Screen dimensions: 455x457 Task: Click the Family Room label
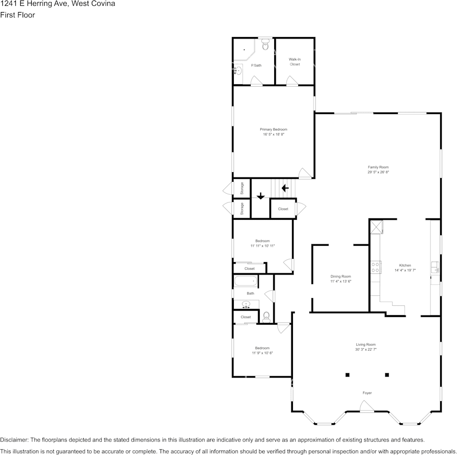click(x=378, y=167)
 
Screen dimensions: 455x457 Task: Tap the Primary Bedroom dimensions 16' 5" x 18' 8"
click(x=273, y=135)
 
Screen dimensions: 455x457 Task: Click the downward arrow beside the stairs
click(x=260, y=196)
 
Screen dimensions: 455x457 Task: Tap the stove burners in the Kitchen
click(x=376, y=267)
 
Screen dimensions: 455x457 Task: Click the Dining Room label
click(x=341, y=277)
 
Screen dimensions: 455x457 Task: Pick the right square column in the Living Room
click(x=387, y=374)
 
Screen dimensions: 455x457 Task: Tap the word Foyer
click(x=367, y=393)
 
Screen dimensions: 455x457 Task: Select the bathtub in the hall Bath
click(x=246, y=281)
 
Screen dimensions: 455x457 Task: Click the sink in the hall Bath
click(x=246, y=304)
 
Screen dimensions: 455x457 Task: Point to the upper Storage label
click(x=242, y=188)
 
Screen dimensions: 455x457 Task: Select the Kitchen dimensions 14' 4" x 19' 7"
click(x=405, y=270)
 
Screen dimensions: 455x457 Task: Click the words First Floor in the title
click(x=18, y=15)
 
